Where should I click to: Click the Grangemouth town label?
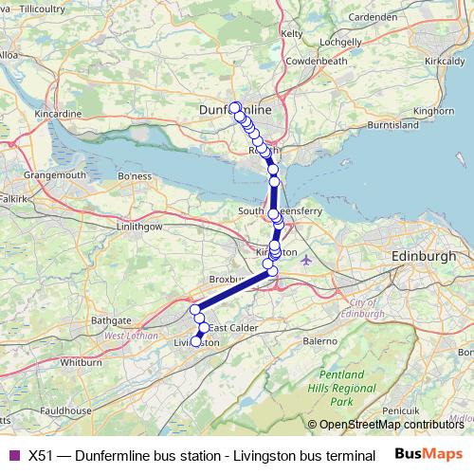click(x=56, y=175)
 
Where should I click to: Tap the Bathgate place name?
click(x=111, y=321)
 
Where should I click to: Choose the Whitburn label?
click(x=80, y=362)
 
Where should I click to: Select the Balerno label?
click(x=319, y=339)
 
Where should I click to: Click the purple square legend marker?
click(x=13, y=455)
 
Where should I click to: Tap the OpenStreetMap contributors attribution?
click(x=390, y=425)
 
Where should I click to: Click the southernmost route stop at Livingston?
click(x=197, y=341)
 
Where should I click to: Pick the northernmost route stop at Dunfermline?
click(x=234, y=106)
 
